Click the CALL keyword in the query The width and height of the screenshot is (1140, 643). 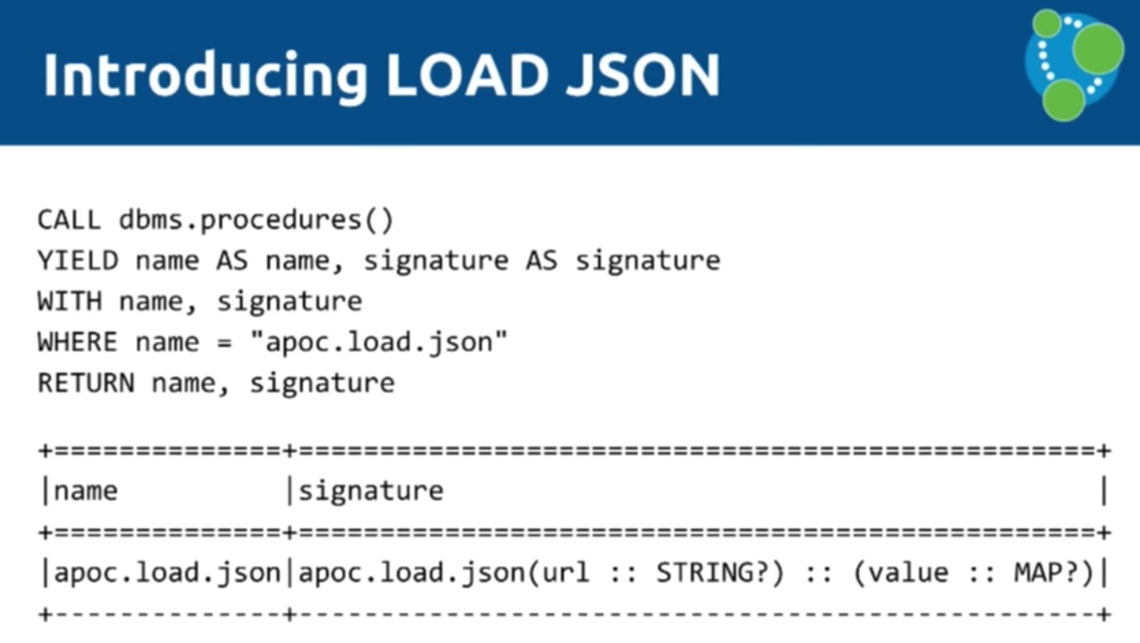[x=69, y=220]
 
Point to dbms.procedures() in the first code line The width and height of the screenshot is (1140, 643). [x=256, y=220]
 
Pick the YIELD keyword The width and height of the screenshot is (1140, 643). [x=77, y=261]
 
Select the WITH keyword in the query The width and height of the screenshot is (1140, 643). [x=69, y=302]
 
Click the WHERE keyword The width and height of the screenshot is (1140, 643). [x=77, y=342]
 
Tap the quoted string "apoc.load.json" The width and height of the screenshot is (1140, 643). [x=379, y=342]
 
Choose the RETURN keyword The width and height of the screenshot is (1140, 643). [x=85, y=383]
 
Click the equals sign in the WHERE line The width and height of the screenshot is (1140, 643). [x=224, y=342]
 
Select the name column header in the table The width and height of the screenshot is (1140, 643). [x=85, y=491]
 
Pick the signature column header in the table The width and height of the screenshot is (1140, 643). [x=371, y=491]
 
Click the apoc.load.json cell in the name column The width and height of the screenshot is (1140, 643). [x=167, y=573]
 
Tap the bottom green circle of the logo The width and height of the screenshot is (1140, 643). [x=1063, y=101]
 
